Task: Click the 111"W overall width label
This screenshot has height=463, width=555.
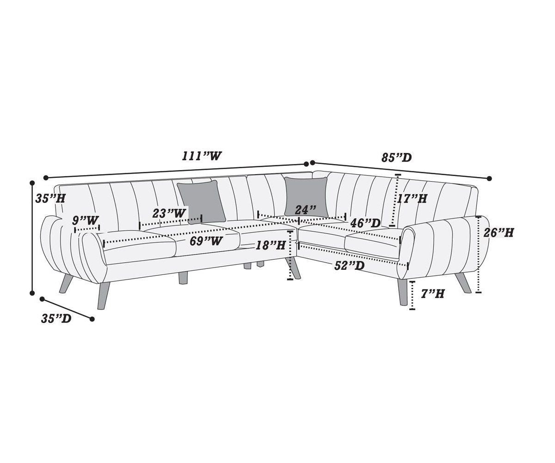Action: coord(202,156)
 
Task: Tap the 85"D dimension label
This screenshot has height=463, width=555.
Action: coord(396,158)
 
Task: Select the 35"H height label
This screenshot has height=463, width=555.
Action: coord(50,198)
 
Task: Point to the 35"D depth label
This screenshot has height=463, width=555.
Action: coord(56,318)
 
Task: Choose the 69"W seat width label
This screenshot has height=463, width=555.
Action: coord(206,241)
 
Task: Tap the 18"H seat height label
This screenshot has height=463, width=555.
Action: coord(271,245)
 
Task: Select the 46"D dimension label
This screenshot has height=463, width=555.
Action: coord(365,223)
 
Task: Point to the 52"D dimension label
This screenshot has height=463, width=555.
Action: coord(349,266)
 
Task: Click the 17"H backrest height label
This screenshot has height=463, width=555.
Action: coord(412,198)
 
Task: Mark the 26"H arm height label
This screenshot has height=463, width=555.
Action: coord(498,232)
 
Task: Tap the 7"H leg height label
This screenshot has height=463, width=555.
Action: coord(432,293)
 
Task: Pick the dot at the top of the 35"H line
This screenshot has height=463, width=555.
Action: coord(32,183)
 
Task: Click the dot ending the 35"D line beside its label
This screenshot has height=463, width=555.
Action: coord(92,319)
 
